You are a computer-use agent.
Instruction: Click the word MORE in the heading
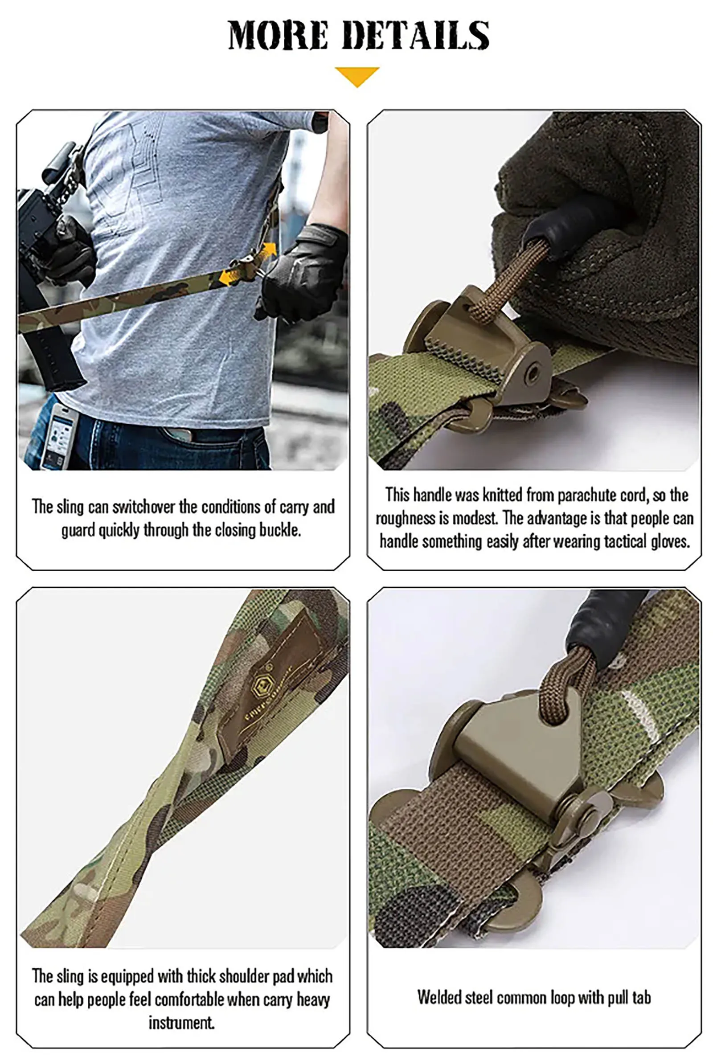[x=278, y=35]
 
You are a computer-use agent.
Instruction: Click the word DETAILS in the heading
[x=415, y=35]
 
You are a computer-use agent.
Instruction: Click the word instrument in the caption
[x=181, y=1022]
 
